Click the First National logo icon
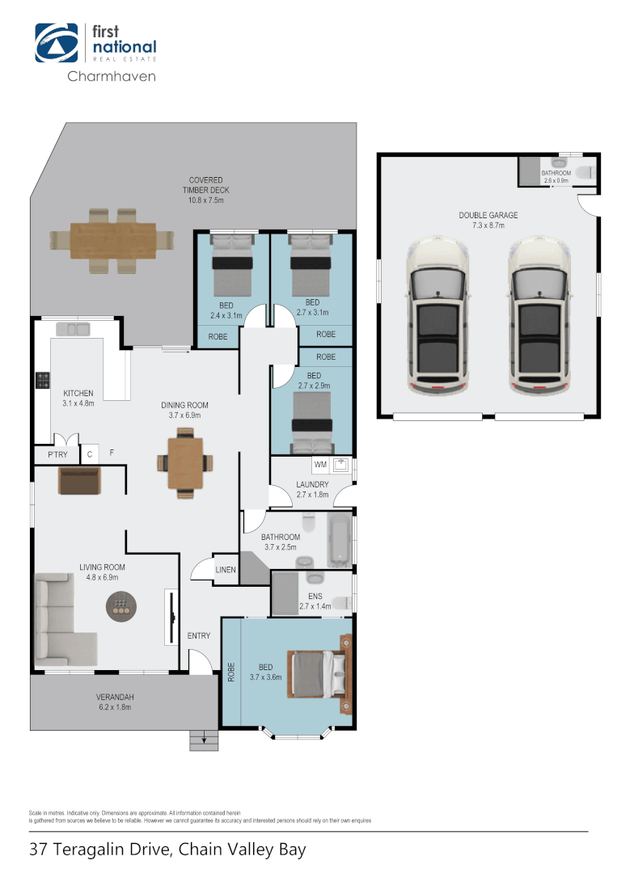pyautogui.click(x=57, y=42)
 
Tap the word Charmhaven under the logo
pyautogui.click(x=111, y=77)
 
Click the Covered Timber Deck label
pyautogui.click(x=205, y=190)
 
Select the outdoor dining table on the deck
pyautogui.click(x=112, y=240)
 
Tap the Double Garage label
pyautogui.click(x=488, y=220)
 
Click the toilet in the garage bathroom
pyautogui.click(x=585, y=171)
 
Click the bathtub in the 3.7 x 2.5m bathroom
pyautogui.click(x=339, y=538)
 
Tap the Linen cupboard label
pyautogui.click(x=226, y=570)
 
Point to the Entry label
pyautogui.click(x=199, y=636)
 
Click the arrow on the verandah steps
pyautogui.click(x=205, y=739)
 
